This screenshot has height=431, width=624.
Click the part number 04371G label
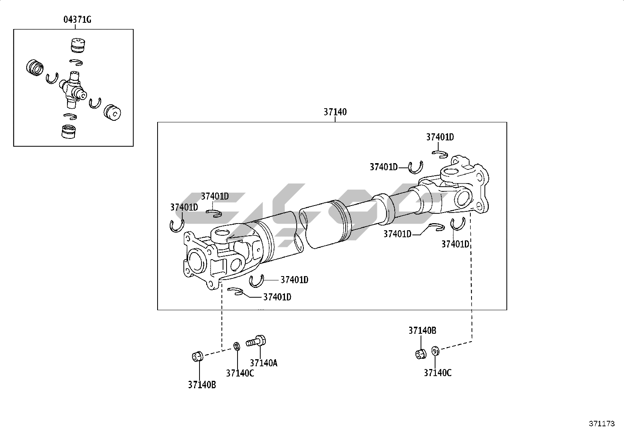(x=77, y=20)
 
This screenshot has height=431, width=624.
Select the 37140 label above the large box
(x=335, y=112)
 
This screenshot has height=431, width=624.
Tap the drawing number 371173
(x=602, y=424)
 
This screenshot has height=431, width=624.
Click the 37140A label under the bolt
(x=263, y=363)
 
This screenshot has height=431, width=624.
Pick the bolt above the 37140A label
(x=256, y=341)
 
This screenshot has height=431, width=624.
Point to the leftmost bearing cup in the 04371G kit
(x=35, y=67)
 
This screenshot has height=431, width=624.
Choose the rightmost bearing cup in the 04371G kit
(x=112, y=112)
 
